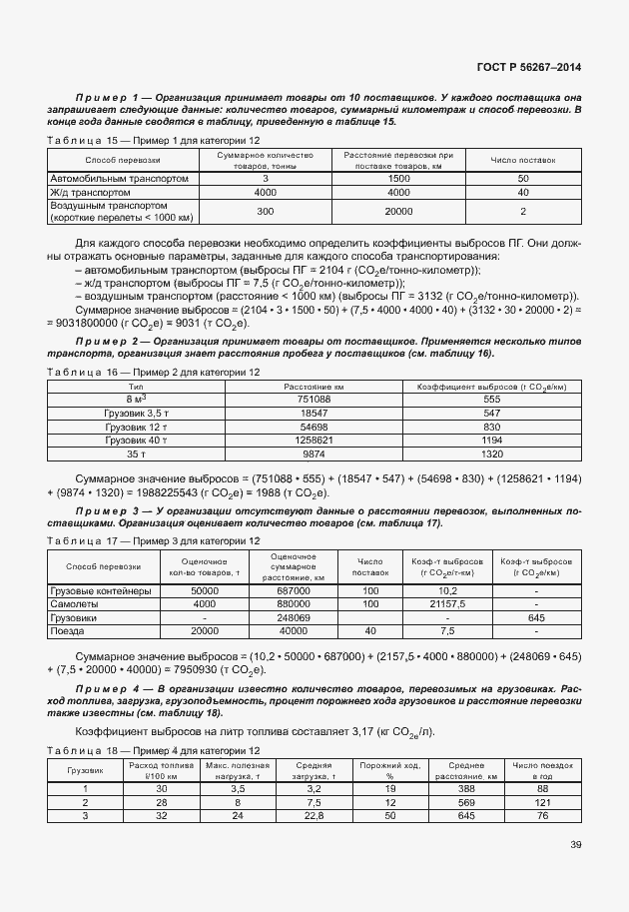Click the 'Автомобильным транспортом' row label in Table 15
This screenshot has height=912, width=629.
tap(119, 178)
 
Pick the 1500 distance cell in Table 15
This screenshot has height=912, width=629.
tap(398, 178)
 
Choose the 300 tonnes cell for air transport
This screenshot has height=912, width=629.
tap(265, 212)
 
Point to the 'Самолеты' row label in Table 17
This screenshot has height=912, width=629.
tap(75, 604)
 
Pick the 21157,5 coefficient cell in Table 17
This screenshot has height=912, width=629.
tap(446, 604)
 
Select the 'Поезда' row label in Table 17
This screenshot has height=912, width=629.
tap(69, 631)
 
